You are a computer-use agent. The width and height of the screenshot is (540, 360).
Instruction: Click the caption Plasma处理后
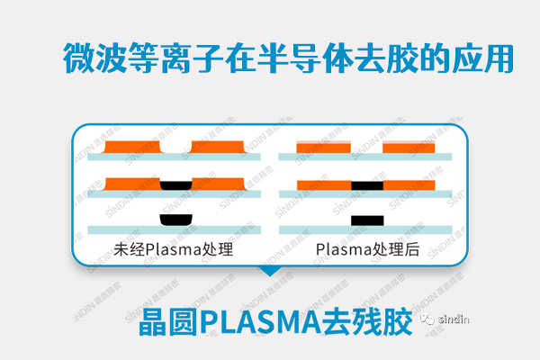[368, 250]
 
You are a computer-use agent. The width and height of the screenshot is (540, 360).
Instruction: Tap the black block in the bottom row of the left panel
[175, 220]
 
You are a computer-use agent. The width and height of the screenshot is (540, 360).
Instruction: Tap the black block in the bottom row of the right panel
[367, 220]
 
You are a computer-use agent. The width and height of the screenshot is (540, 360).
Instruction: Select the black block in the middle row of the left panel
[175, 185]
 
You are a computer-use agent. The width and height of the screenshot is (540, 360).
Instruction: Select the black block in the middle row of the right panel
[367, 185]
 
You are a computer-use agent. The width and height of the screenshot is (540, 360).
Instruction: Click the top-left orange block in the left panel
[132, 147]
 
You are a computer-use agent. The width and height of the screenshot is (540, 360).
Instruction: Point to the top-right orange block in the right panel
[409, 148]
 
